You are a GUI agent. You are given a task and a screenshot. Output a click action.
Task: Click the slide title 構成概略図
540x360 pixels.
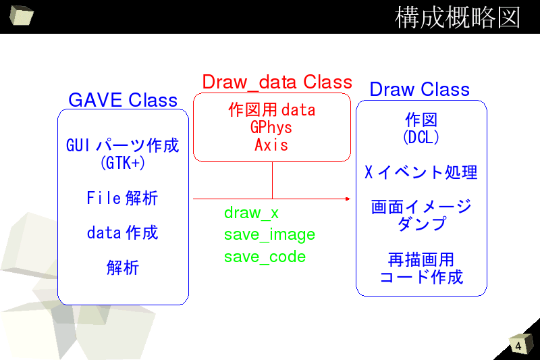tap(457, 18)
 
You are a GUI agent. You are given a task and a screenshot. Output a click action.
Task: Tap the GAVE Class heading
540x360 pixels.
tap(123, 100)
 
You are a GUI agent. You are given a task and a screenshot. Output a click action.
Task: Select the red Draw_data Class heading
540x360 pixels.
tap(277, 82)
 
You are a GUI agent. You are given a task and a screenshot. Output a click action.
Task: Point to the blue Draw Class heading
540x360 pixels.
tap(419, 89)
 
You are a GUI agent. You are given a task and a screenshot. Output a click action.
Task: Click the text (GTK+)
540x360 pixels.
tap(123, 163)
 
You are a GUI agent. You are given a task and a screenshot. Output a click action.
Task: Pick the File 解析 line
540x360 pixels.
tap(122, 198)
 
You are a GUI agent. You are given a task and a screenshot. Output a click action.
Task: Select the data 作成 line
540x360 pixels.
tap(122, 232)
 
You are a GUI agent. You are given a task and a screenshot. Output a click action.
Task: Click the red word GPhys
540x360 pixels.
tap(271, 128)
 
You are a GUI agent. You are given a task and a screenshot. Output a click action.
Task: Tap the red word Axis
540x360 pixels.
tap(271, 145)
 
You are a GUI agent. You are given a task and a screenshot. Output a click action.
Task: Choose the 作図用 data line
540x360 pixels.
tap(272, 110)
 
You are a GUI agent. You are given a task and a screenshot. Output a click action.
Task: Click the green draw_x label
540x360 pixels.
tap(251, 213)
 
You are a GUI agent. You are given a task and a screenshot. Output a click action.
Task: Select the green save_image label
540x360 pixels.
tap(269, 235)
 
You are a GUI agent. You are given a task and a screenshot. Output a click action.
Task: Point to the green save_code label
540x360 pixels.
tap(265, 257)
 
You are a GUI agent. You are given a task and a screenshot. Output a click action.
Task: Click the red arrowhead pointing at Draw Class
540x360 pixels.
tap(348, 199)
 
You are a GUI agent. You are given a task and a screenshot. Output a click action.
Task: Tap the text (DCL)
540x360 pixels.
tap(421, 137)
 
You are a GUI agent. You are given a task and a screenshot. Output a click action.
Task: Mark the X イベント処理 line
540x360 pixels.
tap(421, 172)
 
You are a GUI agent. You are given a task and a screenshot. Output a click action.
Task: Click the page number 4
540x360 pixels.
tap(518, 346)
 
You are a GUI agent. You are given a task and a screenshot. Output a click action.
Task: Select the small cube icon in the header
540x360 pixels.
tap(22, 15)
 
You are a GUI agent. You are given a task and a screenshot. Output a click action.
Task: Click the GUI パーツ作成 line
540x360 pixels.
tap(123, 145)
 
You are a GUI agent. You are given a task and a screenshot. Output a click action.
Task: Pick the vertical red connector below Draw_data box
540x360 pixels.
tap(273, 180)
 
